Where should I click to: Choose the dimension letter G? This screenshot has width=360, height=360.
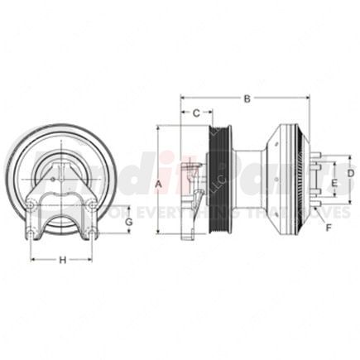point(128,223)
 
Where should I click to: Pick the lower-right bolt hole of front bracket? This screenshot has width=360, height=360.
point(94,238)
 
